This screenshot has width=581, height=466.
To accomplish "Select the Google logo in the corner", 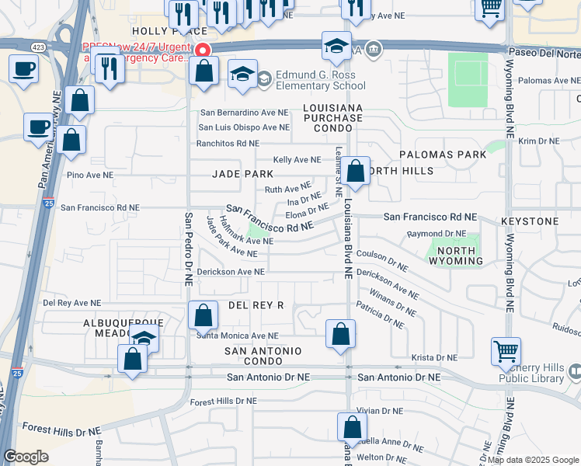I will pyautogui.click(x=26, y=457).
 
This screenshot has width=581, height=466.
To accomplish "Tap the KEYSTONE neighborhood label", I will pyautogui.click(x=530, y=221).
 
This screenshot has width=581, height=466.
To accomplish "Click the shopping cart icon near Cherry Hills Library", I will pyautogui.click(x=506, y=353).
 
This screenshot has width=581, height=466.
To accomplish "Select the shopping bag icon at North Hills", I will pyautogui.click(x=356, y=172).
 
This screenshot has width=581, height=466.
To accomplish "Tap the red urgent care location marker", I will pyautogui.click(x=204, y=50).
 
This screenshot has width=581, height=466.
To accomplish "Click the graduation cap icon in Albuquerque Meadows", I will pyautogui.click(x=144, y=339).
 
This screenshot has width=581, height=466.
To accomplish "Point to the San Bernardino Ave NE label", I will pyautogui.click(x=245, y=113).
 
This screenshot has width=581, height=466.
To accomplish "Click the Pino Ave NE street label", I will pyautogui.click(x=92, y=176).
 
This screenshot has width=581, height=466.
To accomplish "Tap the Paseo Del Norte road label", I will pyautogui.click(x=543, y=53).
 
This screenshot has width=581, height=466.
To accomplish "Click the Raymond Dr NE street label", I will pyautogui.click(x=437, y=233).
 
